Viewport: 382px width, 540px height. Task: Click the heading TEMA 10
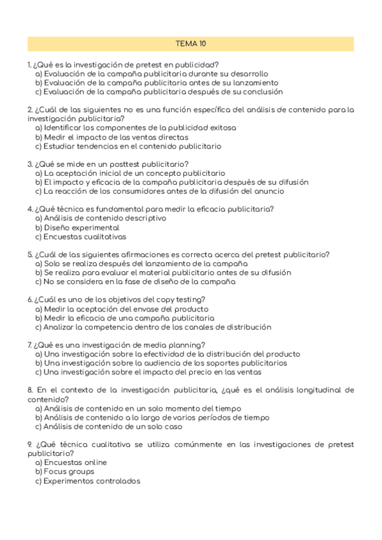pos(190,44)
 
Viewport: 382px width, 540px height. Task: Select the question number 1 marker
pos(29,65)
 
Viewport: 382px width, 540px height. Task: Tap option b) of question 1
pos(39,83)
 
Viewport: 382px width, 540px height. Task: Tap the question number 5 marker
pos(30,255)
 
